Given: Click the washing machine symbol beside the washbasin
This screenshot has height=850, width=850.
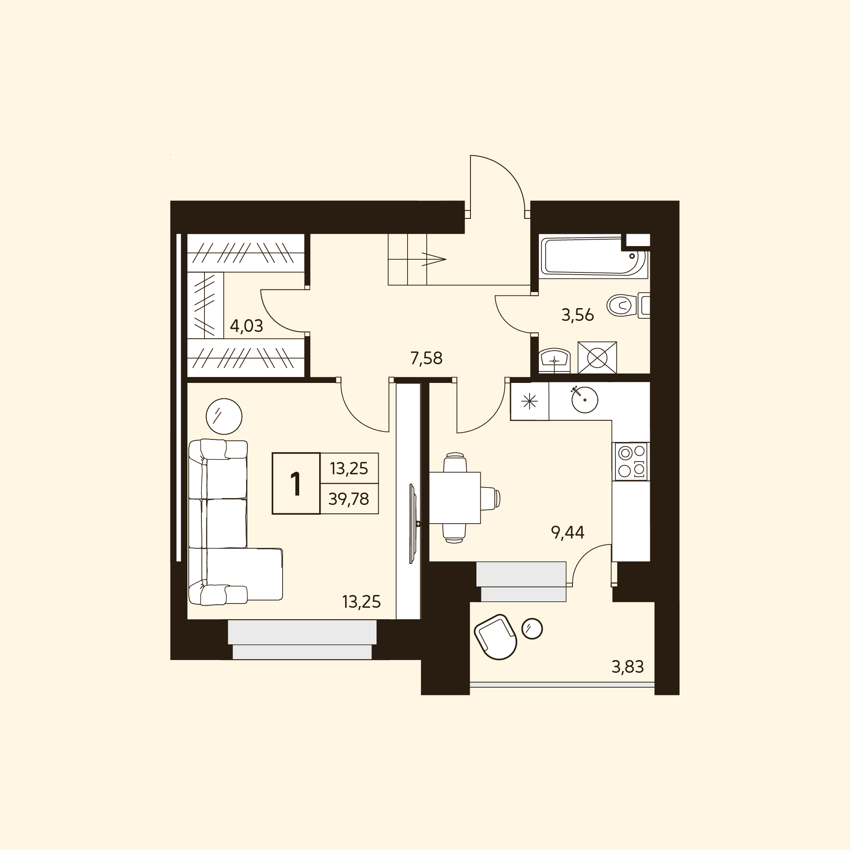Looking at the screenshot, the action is [597, 358].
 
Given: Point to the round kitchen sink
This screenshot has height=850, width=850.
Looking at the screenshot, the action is [585, 399].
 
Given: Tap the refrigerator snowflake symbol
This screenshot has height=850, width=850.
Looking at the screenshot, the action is [529, 401].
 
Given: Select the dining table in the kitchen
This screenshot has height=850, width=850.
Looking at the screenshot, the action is [455, 498].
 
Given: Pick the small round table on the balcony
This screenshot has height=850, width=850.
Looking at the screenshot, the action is [532, 629].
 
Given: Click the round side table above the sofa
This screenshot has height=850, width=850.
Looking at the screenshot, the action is [224, 416].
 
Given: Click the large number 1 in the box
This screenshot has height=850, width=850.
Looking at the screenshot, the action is [296, 484].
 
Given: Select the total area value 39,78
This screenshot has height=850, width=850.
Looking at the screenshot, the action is [349, 499].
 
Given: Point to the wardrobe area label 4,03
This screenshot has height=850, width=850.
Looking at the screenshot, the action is [246, 326].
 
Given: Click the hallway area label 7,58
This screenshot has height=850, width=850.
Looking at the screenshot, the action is [426, 358].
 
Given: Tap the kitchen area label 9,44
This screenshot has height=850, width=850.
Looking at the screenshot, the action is [567, 533].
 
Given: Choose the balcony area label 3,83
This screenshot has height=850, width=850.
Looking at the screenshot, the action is [628, 667].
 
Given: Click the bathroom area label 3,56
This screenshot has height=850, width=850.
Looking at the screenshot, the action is [578, 315].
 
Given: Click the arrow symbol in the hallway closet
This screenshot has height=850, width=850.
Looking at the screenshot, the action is [434, 259].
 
